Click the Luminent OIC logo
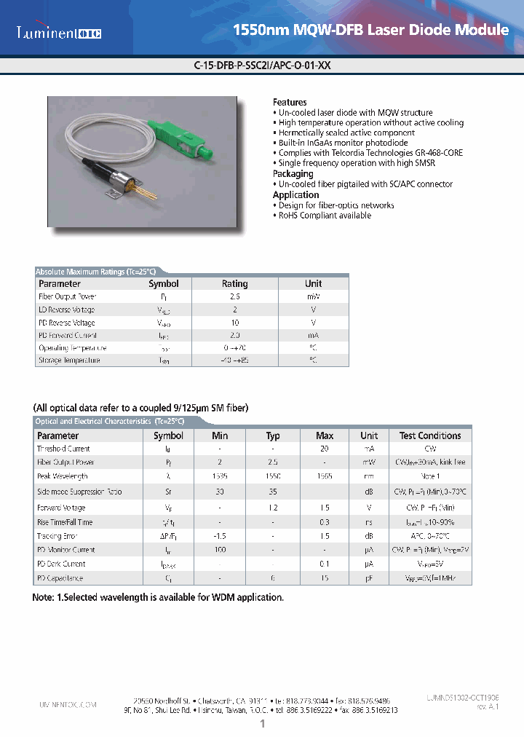click(60, 32)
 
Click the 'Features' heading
click(290, 103)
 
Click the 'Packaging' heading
click(293, 174)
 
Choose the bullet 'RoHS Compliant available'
click(325, 216)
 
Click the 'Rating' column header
click(234, 284)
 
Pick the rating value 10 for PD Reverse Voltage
click(234, 323)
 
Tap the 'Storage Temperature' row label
click(69, 361)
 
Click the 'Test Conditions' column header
click(429, 436)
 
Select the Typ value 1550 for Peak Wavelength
click(272, 476)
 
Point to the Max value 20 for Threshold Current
click(325, 449)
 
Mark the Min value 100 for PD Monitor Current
click(220, 550)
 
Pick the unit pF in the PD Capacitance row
click(369, 578)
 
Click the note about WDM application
click(158, 597)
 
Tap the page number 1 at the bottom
click(262, 724)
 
